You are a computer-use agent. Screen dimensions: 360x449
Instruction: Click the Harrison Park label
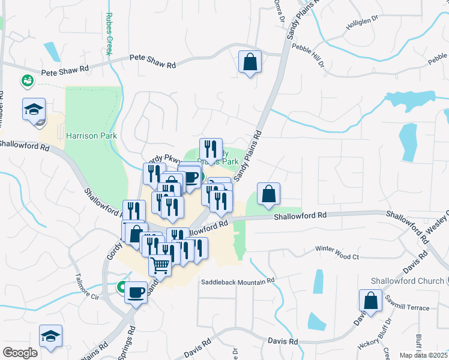[x=91, y=136]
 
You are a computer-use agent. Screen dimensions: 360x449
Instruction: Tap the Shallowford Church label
[x=408, y=281]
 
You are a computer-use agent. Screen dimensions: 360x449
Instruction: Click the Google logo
[x=20, y=353]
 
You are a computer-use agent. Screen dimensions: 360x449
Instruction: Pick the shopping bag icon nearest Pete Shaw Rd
[x=250, y=62]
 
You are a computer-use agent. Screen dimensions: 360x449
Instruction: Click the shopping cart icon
[x=160, y=264]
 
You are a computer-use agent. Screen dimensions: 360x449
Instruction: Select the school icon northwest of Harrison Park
[x=34, y=109]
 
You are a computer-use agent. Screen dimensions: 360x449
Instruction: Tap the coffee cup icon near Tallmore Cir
[x=136, y=292]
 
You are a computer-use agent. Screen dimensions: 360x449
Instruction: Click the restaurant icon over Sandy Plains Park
[x=211, y=149]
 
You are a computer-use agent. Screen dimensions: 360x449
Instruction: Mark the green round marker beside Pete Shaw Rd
[x=26, y=80]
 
